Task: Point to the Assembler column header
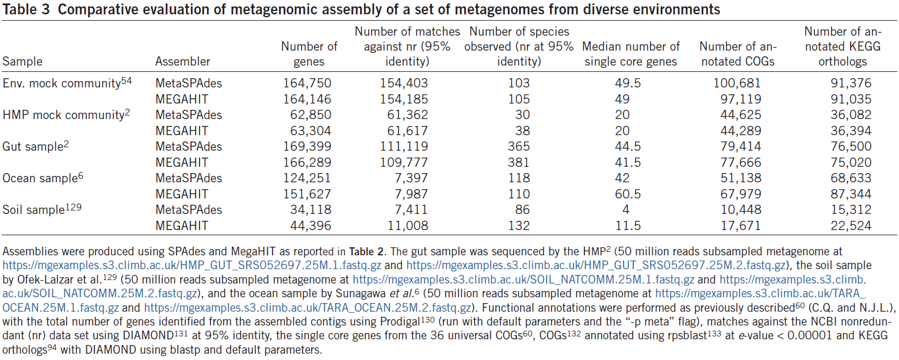[183, 62]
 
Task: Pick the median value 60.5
[631, 194]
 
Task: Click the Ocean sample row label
[39, 179]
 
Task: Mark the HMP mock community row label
[63, 115]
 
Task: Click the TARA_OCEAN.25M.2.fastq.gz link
[309, 307]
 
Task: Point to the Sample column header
[23, 62]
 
